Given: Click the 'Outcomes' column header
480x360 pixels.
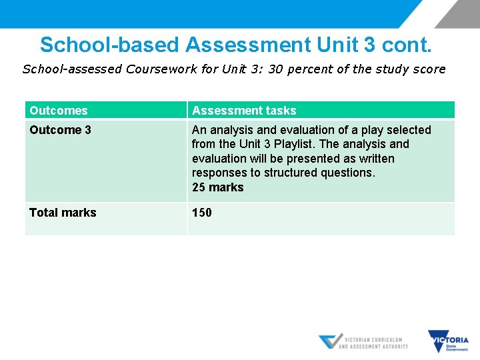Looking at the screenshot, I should click(x=59, y=111).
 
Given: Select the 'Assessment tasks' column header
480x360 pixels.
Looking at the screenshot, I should click(x=244, y=111).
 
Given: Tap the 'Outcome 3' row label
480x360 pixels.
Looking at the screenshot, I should click(x=60, y=130).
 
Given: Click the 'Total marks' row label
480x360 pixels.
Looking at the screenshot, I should click(x=63, y=213).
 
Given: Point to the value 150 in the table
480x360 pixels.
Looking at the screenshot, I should click(x=202, y=213).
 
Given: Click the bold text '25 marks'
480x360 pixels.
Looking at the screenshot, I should click(x=218, y=187).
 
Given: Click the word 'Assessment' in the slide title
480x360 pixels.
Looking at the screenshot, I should click(x=248, y=45).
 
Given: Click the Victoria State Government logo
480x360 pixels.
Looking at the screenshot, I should click(x=449, y=341).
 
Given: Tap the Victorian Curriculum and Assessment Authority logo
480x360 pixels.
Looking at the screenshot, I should click(x=363, y=341).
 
